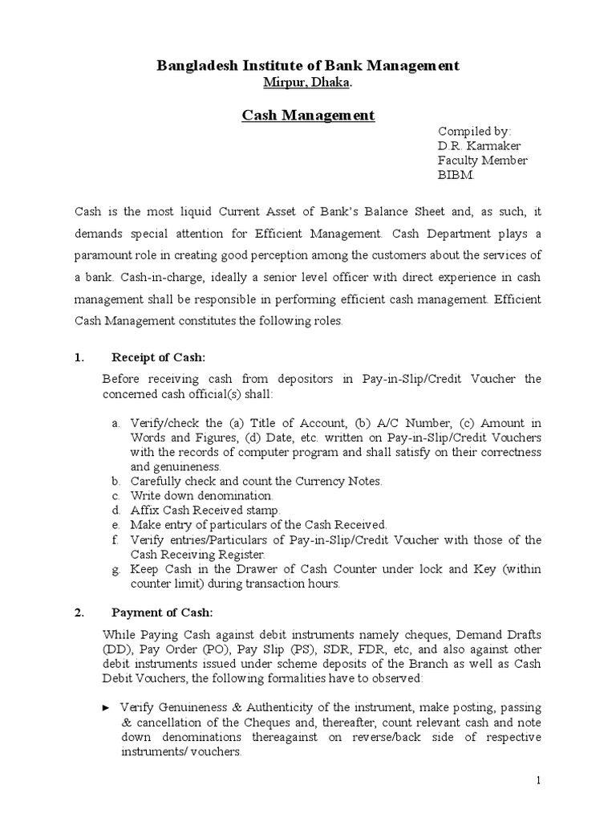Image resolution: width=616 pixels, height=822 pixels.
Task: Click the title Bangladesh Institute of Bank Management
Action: coord(308,66)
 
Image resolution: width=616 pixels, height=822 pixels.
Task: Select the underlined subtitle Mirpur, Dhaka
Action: coord(308,83)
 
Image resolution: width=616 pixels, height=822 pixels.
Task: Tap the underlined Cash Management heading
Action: coord(308,116)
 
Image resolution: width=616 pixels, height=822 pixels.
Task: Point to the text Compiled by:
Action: coord(474,132)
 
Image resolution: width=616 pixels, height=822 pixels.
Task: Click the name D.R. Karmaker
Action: coord(479,146)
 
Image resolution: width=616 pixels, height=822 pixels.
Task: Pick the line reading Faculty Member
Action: coord(482,161)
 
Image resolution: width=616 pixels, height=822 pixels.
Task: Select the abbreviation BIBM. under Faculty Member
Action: coord(456,175)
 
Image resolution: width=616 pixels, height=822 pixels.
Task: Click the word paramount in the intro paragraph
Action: coord(107,255)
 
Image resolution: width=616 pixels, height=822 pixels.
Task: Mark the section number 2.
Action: coord(79,613)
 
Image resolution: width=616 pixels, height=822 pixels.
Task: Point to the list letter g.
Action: coord(115,568)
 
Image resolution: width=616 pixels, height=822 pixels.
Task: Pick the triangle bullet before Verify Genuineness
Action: coord(107,707)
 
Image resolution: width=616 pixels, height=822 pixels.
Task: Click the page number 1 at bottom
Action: coord(539,780)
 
